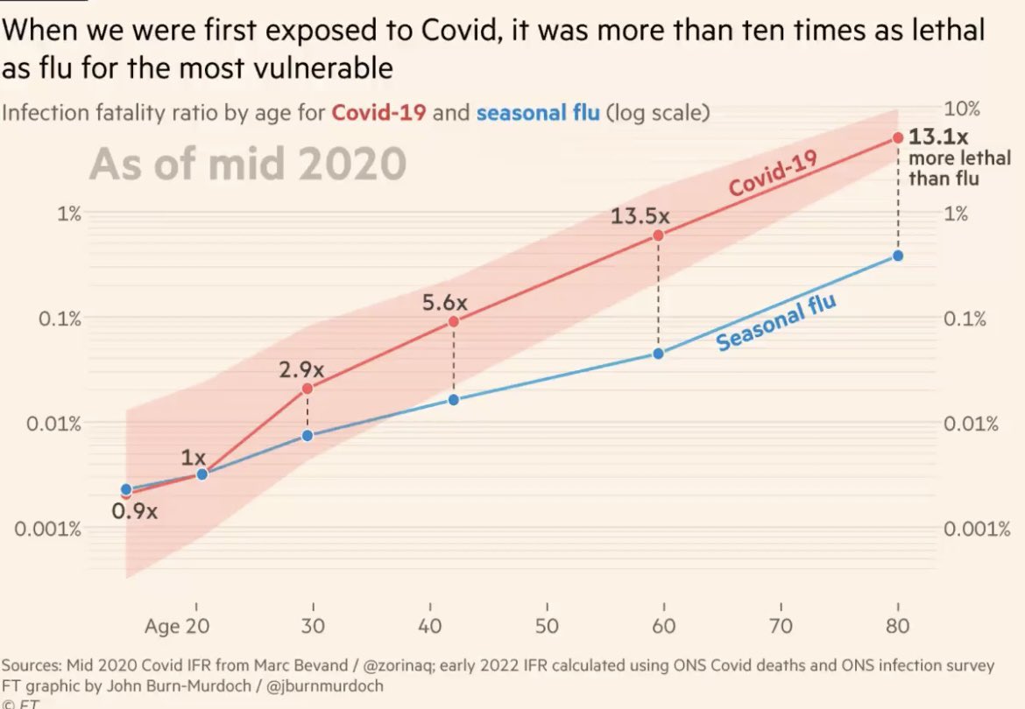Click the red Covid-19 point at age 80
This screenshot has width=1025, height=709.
pyautogui.click(x=897, y=138)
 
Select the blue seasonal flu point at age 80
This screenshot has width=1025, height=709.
pyautogui.click(x=897, y=256)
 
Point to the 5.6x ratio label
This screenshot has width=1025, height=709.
pyautogui.click(x=445, y=303)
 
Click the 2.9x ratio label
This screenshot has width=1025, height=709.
pyautogui.click(x=302, y=369)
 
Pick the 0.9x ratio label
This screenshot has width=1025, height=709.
pyautogui.click(x=135, y=511)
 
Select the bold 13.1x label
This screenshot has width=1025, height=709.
pyautogui.click(x=938, y=137)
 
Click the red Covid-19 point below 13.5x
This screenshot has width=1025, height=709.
pyautogui.click(x=658, y=235)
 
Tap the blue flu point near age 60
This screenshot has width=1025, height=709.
pyautogui.click(x=658, y=354)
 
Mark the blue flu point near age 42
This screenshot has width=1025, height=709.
pyautogui.click(x=454, y=399)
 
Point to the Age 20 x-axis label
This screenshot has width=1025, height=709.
pyautogui.click(x=178, y=626)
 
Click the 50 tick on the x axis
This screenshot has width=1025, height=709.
pyautogui.click(x=547, y=626)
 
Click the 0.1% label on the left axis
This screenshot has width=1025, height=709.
pyautogui.click(x=60, y=319)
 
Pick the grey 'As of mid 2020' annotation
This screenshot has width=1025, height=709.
pyautogui.click(x=247, y=164)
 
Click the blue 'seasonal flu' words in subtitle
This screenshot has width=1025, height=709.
pyautogui.click(x=538, y=113)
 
